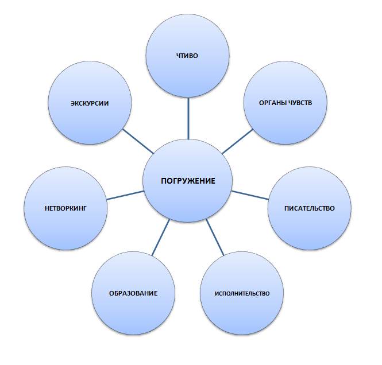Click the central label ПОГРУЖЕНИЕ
point(188,181)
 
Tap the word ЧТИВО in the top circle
point(187,56)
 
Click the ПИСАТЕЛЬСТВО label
point(310,208)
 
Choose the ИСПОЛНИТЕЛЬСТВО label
point(242,293)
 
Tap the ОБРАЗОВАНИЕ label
point(133,293)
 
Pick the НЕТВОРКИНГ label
point(66,208)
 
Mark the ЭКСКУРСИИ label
point(90,103)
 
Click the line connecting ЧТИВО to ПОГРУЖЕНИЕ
point(188,118)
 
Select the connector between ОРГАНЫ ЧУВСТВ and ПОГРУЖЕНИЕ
point(238,141)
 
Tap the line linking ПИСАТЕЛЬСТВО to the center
point(250,195)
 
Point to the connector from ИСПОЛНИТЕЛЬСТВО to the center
point(215,238)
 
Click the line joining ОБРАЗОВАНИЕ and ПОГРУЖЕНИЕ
point(160,237)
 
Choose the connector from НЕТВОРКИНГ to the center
point(125,195)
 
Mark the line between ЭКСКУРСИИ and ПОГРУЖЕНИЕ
point(138,141)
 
